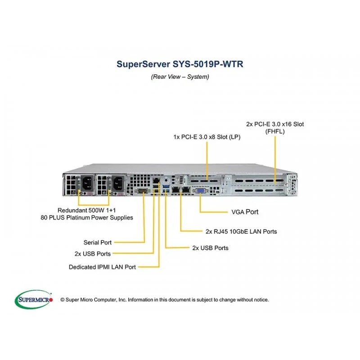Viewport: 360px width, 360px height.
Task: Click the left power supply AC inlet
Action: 87,183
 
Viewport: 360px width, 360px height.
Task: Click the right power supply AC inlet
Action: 118,183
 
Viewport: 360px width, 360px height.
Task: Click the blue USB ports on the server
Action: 166,188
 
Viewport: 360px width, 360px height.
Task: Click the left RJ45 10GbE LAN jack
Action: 176,189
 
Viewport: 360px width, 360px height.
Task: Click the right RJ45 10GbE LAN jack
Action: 186,189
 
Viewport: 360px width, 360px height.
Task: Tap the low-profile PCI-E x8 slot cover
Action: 204,180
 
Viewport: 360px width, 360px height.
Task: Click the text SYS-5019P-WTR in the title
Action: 208,64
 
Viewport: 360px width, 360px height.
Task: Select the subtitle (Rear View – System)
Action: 180,76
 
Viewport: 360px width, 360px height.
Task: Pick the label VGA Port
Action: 245,212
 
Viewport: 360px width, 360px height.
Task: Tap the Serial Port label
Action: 97,243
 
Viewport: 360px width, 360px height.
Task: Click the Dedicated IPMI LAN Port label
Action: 102,267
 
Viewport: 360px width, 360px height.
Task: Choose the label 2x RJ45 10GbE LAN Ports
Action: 241,231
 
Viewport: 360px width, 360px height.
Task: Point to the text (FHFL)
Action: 275,131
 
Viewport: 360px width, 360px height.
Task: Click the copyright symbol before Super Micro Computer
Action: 63,300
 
